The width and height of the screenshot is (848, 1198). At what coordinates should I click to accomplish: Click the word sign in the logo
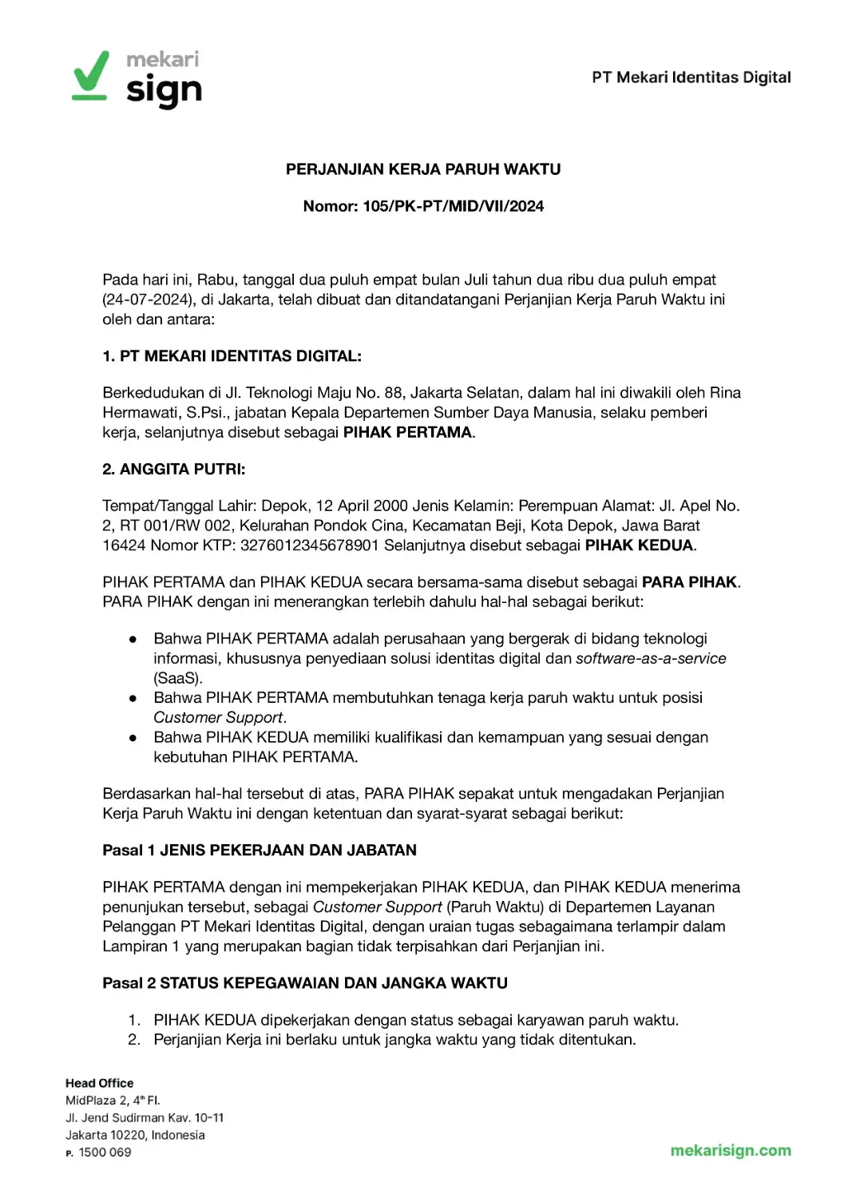[x=164, y=91]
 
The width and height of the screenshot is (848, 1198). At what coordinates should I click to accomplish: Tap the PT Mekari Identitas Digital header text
[x=691, y=77]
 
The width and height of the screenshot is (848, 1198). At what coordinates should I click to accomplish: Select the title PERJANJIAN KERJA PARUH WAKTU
[x=423, y=169]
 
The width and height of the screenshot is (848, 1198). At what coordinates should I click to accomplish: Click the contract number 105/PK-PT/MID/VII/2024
[x=453, y=206]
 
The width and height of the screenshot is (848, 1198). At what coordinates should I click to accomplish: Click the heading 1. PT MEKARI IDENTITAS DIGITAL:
[x=232, y=356]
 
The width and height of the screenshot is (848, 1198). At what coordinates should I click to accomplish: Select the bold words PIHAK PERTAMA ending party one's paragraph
[x=407, y=432]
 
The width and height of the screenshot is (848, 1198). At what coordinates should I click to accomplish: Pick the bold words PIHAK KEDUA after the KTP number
[x=639, y=545]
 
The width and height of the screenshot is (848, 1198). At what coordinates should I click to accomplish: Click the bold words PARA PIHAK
[x=690, y=582]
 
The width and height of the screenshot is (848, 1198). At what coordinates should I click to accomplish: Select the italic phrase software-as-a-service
[x=651, y=658]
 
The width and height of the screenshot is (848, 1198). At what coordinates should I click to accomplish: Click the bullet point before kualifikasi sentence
[x=133, y=738]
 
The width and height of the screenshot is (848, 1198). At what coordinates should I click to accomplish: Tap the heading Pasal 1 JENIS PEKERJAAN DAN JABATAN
[x=260, y=850]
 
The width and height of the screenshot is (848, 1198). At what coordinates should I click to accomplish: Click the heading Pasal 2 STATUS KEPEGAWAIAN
[x=305, y=983]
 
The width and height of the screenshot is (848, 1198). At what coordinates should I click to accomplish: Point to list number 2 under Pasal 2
[x=134, y=1040]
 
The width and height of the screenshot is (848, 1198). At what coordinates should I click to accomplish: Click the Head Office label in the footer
[x=100, y=1083]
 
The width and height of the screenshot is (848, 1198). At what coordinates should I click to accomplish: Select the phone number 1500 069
[x=105, y=1152]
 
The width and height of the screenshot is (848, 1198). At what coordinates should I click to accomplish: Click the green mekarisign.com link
[x=731, y=1151]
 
